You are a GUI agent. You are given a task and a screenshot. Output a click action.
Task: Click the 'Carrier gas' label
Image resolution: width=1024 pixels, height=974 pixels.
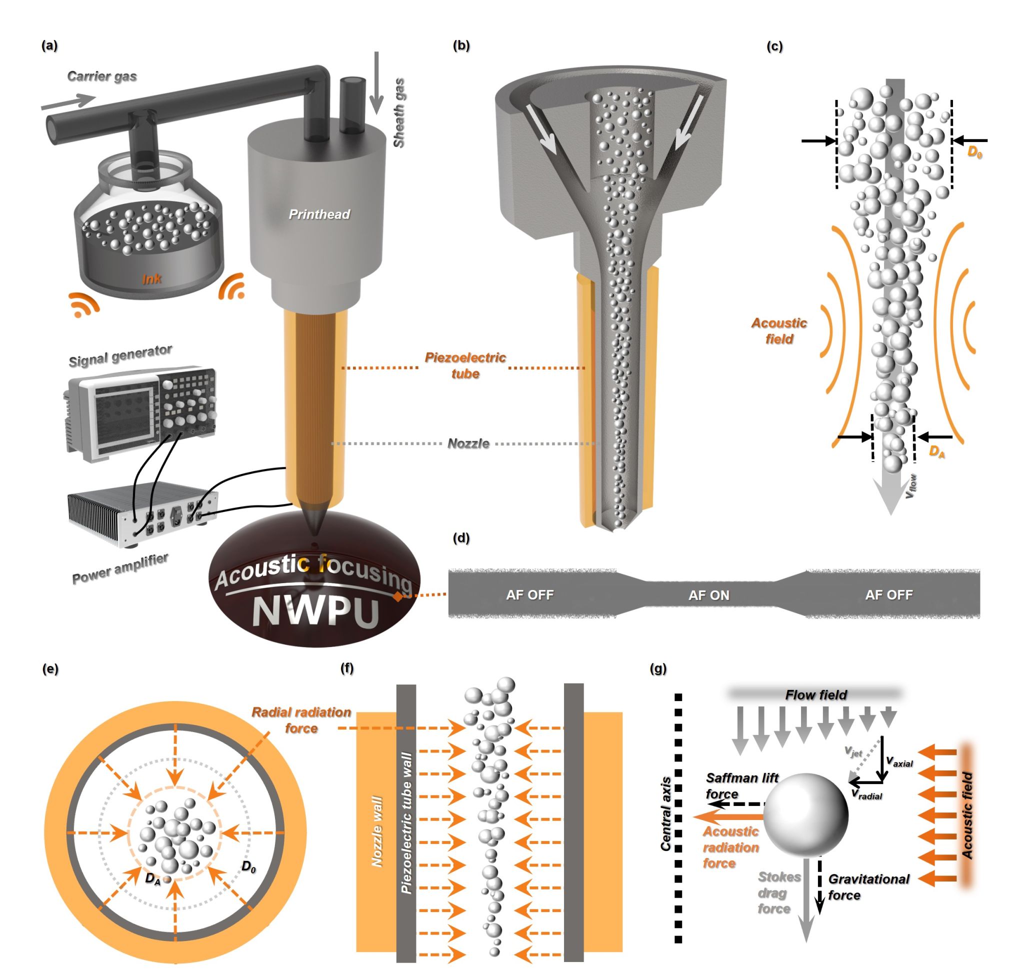coord(102,76)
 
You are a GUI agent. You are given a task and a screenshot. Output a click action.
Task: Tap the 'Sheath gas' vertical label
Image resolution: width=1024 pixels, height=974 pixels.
coord(399,113)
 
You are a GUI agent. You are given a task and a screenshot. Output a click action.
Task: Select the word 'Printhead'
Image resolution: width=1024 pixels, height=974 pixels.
coord(319,214)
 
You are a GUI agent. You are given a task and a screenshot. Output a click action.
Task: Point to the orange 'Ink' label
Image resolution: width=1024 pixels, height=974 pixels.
coord(151,279)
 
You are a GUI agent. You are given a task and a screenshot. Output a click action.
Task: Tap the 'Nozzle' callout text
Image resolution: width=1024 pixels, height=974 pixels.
coord(468,443)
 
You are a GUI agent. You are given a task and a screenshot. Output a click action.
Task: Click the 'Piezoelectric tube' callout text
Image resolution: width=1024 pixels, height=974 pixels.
coord(465,365)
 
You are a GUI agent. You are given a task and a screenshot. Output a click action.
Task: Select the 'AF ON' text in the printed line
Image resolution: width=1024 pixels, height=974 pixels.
coord(709,595)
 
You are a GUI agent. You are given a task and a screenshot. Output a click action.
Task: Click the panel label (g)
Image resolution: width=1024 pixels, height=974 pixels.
coord(658,668)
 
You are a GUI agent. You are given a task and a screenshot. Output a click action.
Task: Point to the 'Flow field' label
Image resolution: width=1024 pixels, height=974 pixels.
coord(816,694)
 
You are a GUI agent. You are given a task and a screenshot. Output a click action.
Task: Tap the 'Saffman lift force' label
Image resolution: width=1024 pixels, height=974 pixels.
coord(741,785)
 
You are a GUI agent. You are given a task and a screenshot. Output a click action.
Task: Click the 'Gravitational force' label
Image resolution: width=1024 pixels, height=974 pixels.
coord(868,887)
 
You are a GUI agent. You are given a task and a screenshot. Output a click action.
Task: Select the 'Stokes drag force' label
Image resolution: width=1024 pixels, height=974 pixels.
coord(778,892)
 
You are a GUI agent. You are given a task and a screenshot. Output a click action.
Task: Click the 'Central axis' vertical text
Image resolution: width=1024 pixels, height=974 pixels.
coord(666,814)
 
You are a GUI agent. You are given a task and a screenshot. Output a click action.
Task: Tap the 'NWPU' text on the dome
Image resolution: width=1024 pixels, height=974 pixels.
coord(315,611)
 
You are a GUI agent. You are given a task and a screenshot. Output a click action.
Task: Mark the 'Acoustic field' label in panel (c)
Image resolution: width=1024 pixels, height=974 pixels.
coord(779,330)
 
